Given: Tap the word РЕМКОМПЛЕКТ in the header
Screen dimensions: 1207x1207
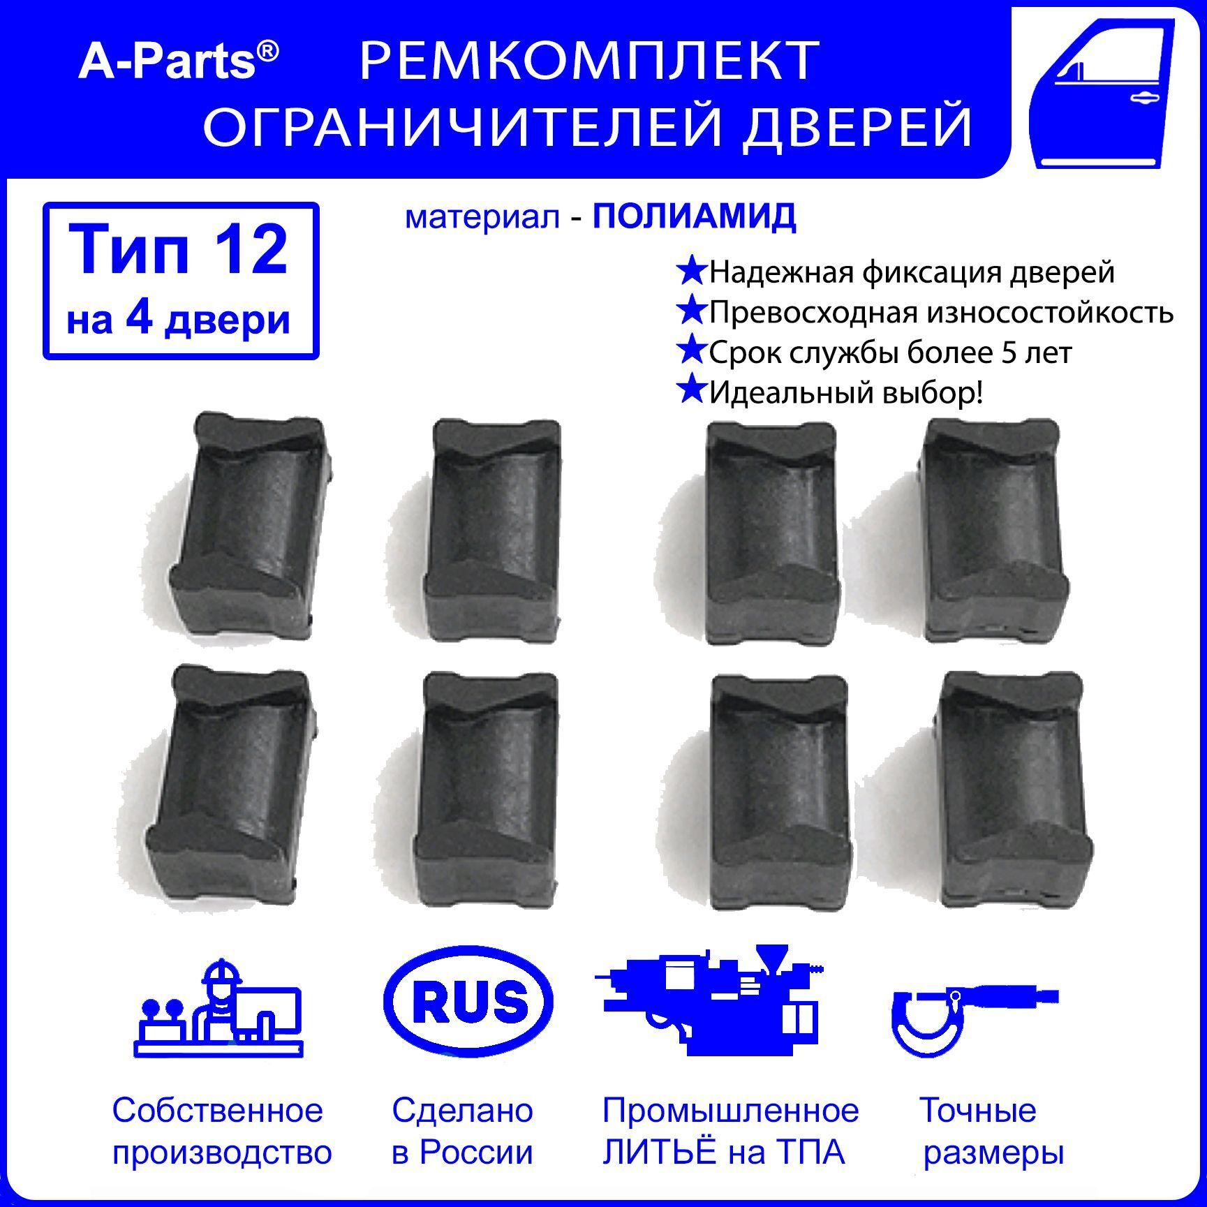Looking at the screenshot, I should (x=588, y=62).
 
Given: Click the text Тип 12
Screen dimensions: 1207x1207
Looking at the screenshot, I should (x=179, y=251).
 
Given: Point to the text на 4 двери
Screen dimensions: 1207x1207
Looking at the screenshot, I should (x=179, y=321).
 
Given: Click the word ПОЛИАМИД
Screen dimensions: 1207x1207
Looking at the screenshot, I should (x=694, y=217).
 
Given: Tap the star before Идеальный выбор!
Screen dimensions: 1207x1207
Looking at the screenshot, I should (x=691, y=390).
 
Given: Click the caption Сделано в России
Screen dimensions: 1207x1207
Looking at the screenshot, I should (x=462, y=1131).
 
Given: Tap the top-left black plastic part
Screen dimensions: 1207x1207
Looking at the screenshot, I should (x=249, y=521).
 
